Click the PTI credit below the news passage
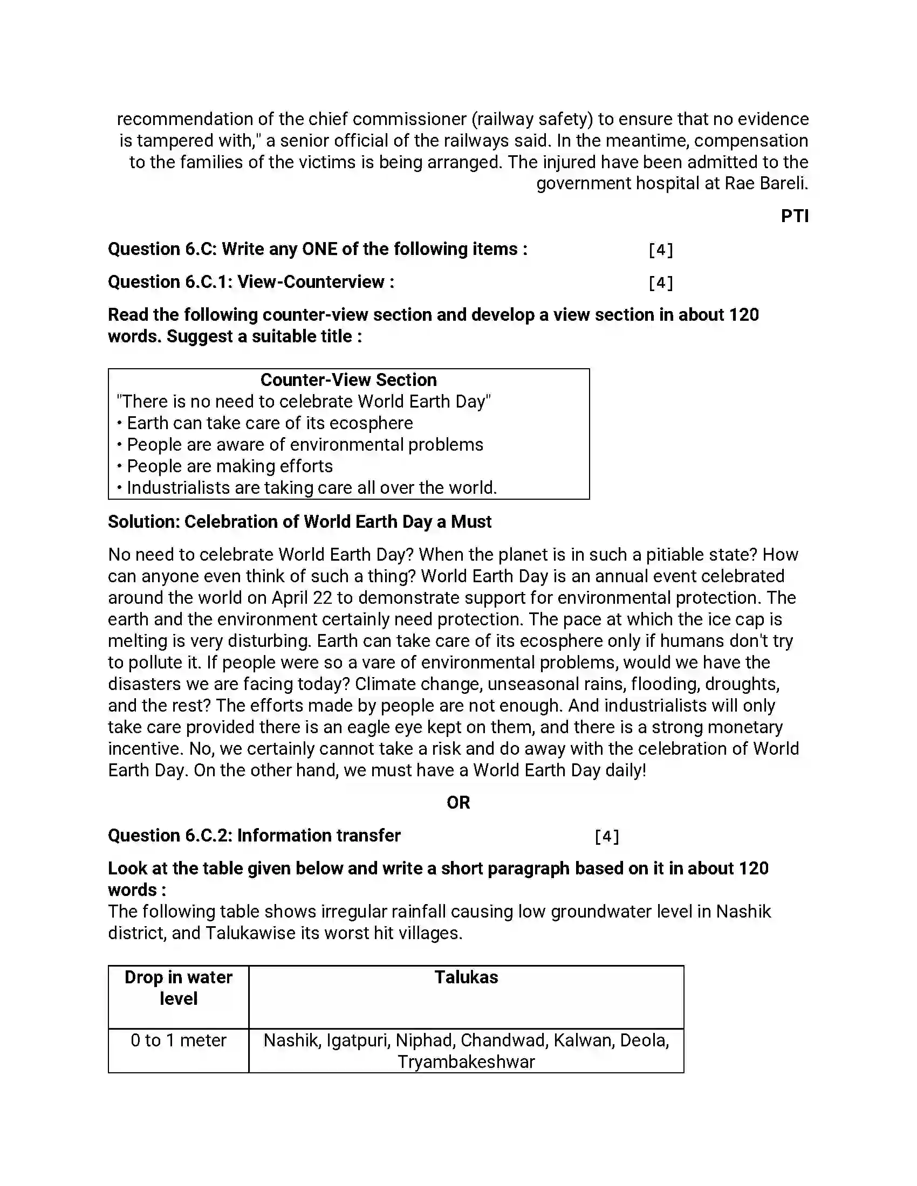(794, 216)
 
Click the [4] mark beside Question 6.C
(661, 250)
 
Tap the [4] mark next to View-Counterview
(661, 282)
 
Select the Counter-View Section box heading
(348, 380)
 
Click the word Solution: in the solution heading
(143, 522)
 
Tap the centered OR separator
(458, 803)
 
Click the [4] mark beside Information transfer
(607, 836)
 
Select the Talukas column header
(466, 977)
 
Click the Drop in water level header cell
(178, 988)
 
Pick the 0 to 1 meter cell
(178, 1040)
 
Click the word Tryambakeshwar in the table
(466, 1062)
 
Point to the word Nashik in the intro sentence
(743, 912)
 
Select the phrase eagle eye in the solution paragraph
(390, 727)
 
